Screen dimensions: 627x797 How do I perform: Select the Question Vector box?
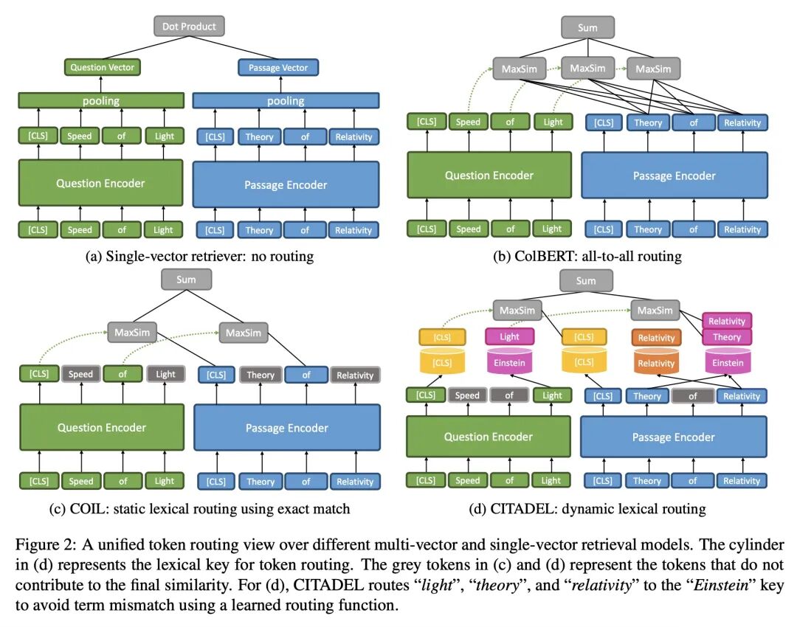(x=103, y=67)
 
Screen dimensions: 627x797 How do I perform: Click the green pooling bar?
(x=101, y=100)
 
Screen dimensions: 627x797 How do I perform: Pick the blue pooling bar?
(x=286, y=100)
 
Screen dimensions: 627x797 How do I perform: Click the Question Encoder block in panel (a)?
(x=100, y=183)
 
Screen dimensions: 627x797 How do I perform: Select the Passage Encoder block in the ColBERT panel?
(x=674, y=176)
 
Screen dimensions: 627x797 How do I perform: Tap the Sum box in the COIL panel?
(x=186, y=280)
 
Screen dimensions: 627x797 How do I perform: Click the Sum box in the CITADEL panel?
(x=585, y=280)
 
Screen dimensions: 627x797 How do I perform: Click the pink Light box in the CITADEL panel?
(x=509, y=336)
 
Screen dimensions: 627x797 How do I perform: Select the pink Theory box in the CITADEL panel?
(x=726, y=336)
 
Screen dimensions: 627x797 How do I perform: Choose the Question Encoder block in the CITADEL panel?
(x=488, y=437)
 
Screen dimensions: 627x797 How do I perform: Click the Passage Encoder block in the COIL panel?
(x=286, y=428)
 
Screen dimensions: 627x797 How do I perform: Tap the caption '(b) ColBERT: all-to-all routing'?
(x=587, y=257)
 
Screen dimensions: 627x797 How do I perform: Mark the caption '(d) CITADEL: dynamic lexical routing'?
(x=587, y=509)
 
